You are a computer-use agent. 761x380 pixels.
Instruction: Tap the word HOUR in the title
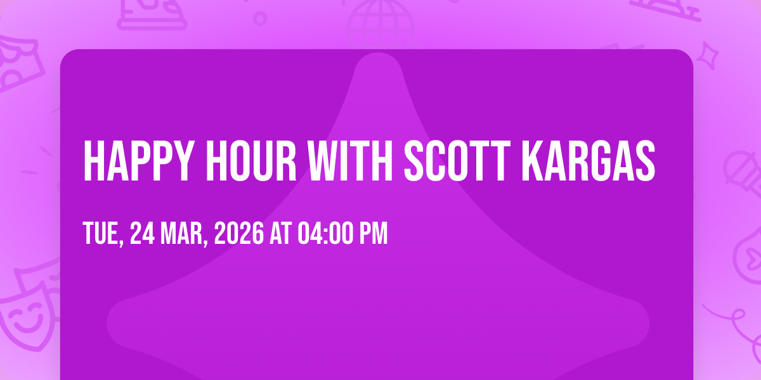[x=251, y=161]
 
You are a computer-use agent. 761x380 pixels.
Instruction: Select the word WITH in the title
[x=350, y=161]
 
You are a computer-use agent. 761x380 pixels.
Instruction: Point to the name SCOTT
[x=457, y=161]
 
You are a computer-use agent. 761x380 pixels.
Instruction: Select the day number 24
[x=142, y=233]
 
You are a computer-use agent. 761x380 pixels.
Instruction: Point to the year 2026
[x=239, y=233]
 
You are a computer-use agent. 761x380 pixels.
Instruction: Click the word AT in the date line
[x=280, y=233]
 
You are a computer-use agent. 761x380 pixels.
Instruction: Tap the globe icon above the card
[x=380, y=20]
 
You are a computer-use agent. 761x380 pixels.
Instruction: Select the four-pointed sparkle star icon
[x=708, y=56]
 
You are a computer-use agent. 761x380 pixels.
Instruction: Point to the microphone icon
[x=743, y=173]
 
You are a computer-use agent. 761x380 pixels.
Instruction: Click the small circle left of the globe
[x=260, y=18]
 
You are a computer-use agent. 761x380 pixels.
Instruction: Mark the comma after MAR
[x=205, y=241]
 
